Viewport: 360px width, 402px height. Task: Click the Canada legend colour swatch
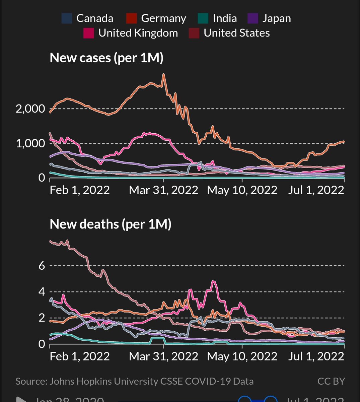pos(67,18)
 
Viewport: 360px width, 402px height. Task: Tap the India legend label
pos(224,18)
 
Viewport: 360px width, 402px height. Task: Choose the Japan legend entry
pos(276,18)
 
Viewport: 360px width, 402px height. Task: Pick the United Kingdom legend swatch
pos(89,33)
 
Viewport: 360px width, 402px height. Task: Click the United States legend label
pos(236,33)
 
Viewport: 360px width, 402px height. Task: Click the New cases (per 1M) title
pos(106,58)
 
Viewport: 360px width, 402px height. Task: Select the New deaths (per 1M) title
pos(111,224)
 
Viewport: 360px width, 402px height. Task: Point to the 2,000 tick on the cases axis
pos(30,109)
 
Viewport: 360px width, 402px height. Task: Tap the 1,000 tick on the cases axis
pos(30,143)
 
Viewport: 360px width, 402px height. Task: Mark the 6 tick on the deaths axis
pos(42,266)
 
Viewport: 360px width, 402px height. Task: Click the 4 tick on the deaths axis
pos(42,292)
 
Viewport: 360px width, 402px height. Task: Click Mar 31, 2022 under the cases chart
pos(163,190)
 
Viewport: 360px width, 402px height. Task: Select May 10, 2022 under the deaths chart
pos(242,356)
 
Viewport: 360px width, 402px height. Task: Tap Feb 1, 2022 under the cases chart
pos(80,190)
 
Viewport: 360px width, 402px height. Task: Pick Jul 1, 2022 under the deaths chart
pos(316,356)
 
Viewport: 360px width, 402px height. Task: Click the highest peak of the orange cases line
pos(163,74)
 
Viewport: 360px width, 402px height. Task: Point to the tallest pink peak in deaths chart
pos(213,281)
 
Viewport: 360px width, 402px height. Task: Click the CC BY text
pos(331,381)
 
